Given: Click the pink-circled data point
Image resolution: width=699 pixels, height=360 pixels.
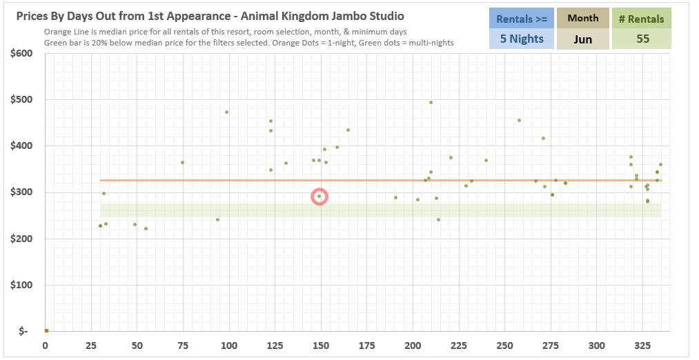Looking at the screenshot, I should [319, 197].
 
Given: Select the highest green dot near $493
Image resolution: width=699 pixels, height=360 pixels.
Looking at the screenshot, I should [431, 102].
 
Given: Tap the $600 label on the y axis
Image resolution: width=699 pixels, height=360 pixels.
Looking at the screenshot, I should [23, 53].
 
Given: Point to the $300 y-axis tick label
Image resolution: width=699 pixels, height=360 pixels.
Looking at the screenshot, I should [23, 192].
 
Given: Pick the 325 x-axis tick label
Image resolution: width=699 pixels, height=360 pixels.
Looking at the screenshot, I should [642, 345].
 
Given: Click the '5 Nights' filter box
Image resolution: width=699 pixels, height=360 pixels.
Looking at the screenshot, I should [522, 39].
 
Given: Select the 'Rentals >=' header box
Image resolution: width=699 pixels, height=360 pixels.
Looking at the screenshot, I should [522, 19].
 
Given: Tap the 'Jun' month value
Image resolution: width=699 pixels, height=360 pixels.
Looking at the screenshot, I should [583, 39].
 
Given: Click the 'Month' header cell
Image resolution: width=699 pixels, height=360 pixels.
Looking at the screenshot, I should [583, 19].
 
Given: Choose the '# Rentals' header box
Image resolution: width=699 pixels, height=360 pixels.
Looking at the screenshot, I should [642, 19].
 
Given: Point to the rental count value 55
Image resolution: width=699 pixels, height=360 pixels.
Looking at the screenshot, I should [642, 39].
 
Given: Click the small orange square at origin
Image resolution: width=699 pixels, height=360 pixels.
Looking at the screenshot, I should [46, 331].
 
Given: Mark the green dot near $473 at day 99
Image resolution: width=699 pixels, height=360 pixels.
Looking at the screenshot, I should [226, 112].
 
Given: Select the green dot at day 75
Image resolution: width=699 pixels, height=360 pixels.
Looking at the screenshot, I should [182, 162].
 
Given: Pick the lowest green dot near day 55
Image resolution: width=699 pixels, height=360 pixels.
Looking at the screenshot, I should [146, 228].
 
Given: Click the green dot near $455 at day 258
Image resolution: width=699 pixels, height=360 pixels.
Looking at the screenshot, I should [519, 120].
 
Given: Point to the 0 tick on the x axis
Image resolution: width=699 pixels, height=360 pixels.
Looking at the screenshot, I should [46, 345].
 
